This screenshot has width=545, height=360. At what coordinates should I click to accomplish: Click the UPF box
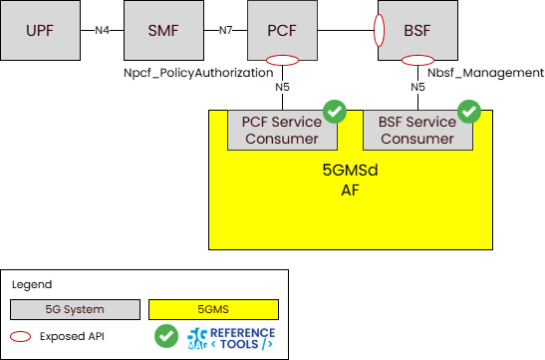coord(40,30)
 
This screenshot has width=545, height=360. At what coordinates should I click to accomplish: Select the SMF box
coord(163,30)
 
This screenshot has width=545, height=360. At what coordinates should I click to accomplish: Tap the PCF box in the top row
coord(282,30)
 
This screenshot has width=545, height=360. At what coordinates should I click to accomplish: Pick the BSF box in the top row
coord(417,30)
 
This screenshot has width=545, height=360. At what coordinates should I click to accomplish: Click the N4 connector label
coord(103,30)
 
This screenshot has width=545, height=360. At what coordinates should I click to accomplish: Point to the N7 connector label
coord(225,30)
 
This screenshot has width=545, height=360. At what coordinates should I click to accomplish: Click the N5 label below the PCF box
coord(282,87)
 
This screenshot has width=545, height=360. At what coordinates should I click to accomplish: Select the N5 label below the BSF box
coord(417,87)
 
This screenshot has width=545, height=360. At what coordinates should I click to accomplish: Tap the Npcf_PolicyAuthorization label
coord(198,73)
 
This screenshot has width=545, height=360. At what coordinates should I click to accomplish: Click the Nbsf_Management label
coord(485,73)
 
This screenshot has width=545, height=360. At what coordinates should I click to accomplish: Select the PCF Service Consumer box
coord(282,131)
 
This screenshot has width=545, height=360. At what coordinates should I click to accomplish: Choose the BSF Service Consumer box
coord(417,131)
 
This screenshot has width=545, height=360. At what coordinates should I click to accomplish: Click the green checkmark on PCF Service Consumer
coord(335,112)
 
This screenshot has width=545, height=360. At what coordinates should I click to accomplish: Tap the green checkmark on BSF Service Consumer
coord(469,112)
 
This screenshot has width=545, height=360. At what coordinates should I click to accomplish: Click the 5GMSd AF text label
coord(351,180)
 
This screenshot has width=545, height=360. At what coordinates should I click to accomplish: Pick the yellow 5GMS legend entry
coord(213,309)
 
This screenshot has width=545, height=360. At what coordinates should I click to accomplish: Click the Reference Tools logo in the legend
coord(231,338)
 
